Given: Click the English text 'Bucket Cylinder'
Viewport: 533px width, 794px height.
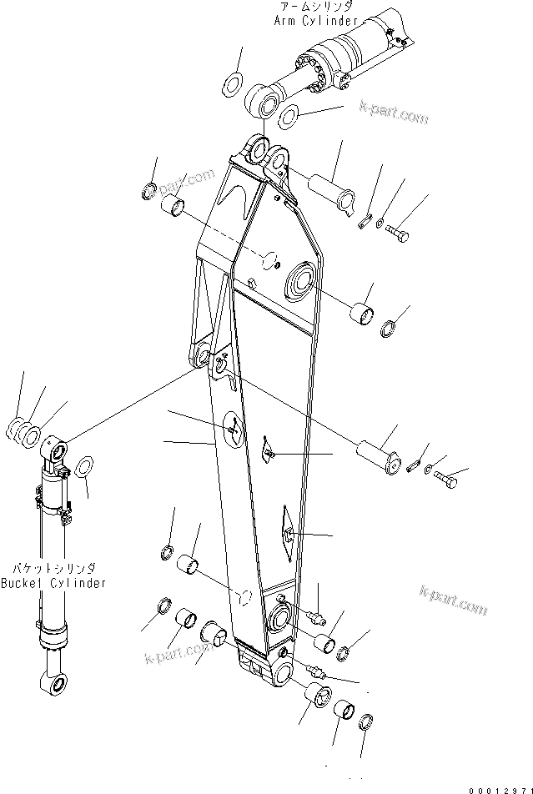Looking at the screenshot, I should pos(53,583).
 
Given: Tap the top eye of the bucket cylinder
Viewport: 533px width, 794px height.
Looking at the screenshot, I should pos(57,451).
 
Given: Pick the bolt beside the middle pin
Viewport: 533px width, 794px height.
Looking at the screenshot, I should pos(444,480).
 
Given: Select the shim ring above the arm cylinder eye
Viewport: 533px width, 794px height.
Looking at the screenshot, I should pos(232,84).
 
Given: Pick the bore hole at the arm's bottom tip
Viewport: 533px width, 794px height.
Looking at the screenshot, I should pos(279,672).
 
